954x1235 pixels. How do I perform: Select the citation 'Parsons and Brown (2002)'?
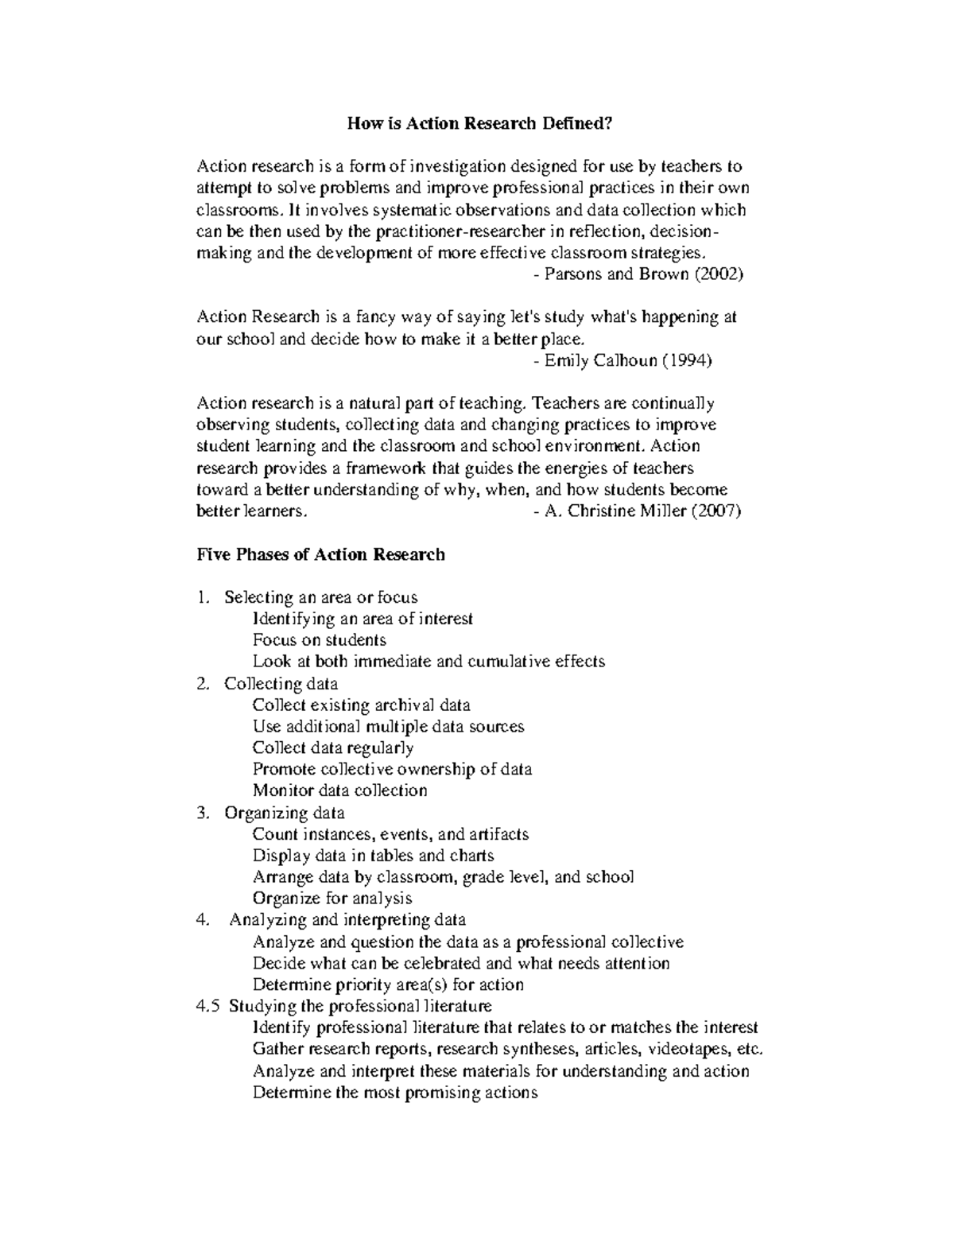(x=642, y=274)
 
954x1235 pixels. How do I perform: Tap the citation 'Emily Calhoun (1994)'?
(x=627, y=360)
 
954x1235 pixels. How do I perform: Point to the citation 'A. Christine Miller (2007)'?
(x=642, y=511)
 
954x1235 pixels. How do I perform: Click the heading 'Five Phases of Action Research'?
(x=320, y=554)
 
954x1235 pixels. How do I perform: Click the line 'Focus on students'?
(x=319, y=640)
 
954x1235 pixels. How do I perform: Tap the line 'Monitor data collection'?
(x=339, y=790)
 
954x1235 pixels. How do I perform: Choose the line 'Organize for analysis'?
(x=332, y=899)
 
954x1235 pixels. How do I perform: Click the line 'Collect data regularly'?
(x=332, y=748)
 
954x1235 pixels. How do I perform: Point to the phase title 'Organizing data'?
(x=284, y=813)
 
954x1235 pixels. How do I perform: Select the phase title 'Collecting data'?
(x=281, y=684)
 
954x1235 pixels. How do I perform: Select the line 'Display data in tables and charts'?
(x=373, y=856)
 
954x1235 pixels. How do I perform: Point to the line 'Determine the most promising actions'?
(x=394, y=1092)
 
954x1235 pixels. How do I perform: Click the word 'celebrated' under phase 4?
(x=441, y=963)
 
